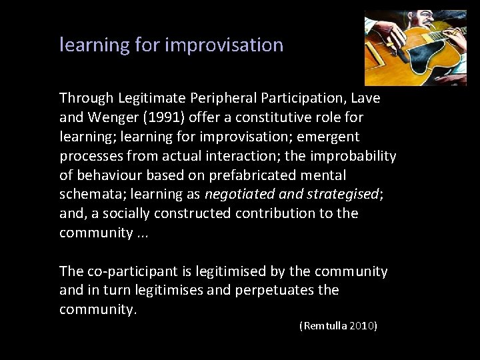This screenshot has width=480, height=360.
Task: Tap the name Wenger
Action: [107, 117]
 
